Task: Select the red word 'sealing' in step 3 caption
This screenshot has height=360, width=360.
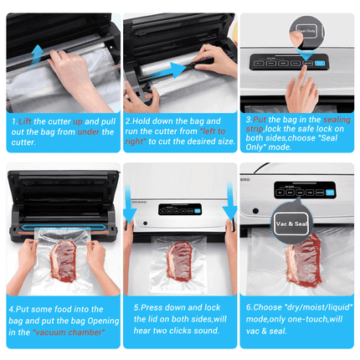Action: (x=335, y=121)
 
